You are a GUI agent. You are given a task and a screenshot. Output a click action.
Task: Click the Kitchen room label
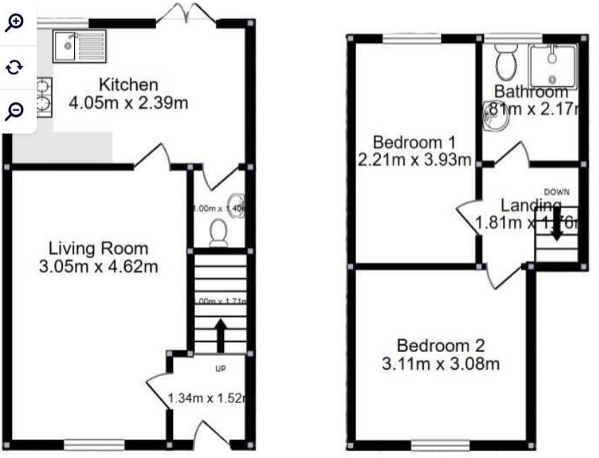128,85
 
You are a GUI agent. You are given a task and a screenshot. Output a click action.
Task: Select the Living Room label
99,248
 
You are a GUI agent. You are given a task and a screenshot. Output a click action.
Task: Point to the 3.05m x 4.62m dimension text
99,267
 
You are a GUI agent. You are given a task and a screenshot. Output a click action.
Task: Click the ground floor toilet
218,231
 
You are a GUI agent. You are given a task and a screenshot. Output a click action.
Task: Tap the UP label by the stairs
220,368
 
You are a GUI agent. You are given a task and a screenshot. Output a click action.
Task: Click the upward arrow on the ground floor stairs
220,335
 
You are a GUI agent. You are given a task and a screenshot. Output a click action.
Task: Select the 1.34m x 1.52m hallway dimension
206,399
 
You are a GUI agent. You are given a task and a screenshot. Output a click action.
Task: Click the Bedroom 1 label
415,141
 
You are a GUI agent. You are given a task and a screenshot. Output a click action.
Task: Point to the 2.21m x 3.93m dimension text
415,159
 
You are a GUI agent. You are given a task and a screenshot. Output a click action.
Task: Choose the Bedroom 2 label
441,346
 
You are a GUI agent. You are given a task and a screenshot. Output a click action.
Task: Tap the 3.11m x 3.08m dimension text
441,364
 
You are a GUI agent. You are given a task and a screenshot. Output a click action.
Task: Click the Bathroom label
531,92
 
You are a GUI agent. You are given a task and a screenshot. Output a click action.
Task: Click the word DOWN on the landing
557,192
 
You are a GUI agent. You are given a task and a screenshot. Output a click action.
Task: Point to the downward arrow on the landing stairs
557,226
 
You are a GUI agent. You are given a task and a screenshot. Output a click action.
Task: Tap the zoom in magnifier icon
15,22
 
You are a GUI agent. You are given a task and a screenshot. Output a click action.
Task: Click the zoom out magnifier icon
15,110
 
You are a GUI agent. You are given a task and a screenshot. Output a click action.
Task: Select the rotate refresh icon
15,67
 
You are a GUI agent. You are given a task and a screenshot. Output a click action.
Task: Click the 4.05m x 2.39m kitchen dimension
128,103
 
